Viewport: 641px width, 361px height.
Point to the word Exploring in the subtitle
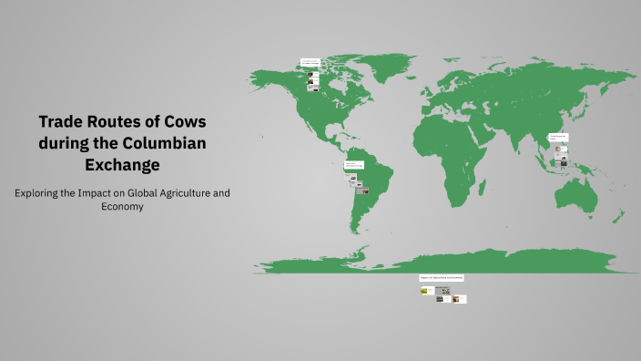[40, 193]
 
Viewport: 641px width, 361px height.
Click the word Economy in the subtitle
[123, 207]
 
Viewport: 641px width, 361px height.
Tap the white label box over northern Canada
[310, 62]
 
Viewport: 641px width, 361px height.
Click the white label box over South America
[355, 165]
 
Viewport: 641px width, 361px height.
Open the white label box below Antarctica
[442, 277]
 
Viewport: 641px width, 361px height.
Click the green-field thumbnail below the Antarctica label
[424, 291]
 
